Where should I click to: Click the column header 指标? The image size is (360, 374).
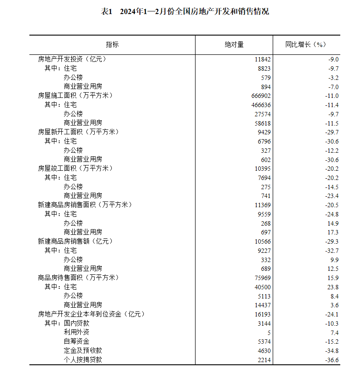[112, 45]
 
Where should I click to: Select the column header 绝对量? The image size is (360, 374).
[234, 45]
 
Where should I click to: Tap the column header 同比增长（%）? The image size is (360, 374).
[306, 45]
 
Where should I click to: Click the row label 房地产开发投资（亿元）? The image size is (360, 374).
[72, 59]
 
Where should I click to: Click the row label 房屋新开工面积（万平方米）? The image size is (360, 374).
[78, 132]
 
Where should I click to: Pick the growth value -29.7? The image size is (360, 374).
[332, 132]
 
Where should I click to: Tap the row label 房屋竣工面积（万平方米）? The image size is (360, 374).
[75, 169]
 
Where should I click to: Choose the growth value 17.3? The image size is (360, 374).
[334, 232]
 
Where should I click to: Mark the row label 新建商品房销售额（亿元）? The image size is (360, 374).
[75, 241]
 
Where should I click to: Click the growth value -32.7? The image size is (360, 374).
[332, 250]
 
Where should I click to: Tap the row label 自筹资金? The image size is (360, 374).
[77, 342]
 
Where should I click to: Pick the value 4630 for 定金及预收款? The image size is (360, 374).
[264, 351]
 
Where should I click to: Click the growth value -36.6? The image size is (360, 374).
[332, 360]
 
